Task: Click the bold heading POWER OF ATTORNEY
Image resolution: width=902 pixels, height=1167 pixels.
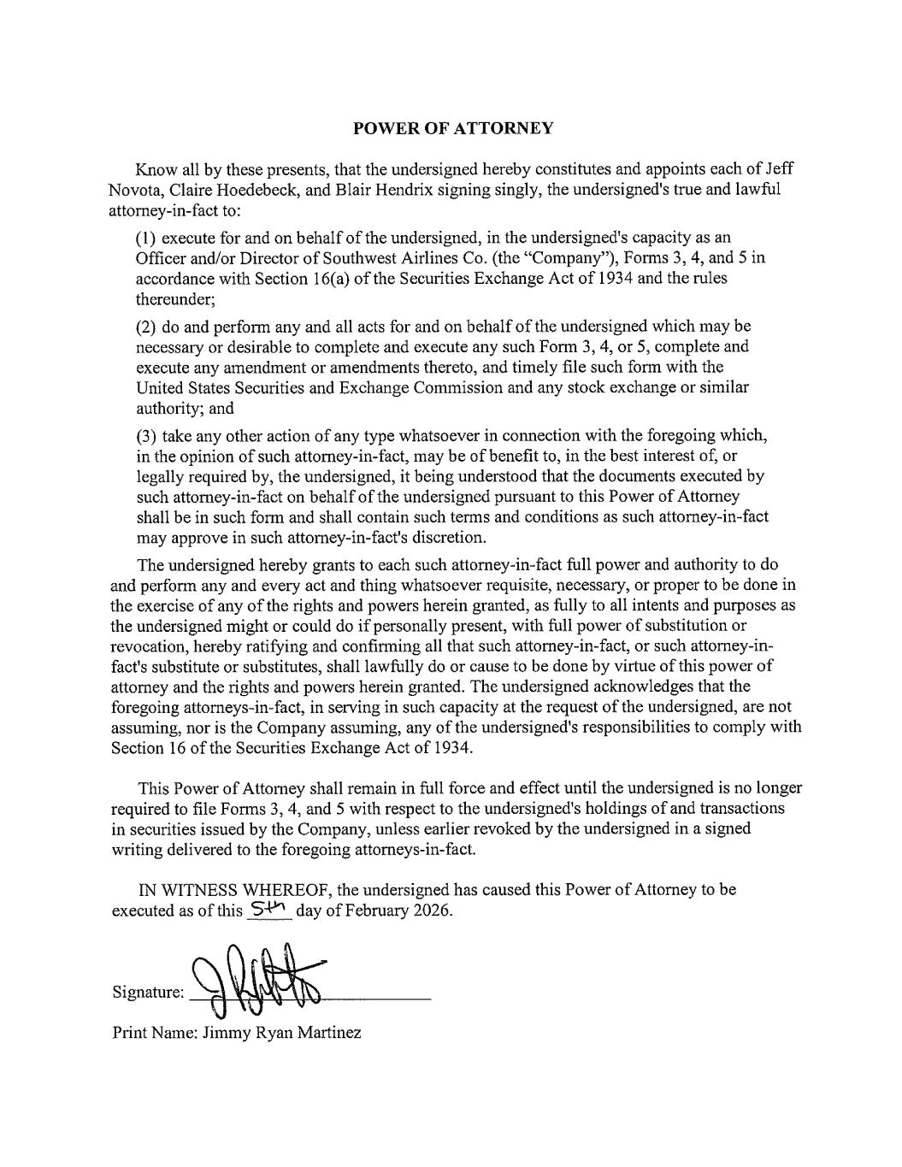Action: point(453,128)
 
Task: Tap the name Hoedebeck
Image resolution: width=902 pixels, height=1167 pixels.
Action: point(254,189)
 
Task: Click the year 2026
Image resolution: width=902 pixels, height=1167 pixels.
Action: point(431,910)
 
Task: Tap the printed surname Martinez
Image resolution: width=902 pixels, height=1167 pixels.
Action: point(329,1033)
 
